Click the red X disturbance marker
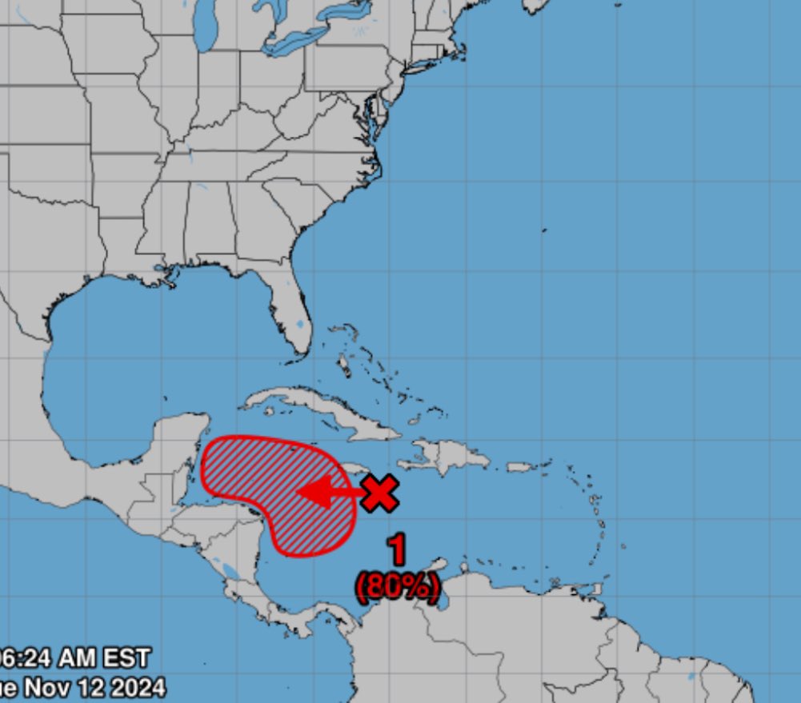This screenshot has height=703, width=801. (x=379, y=493)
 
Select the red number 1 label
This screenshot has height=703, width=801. (x=396, y=551)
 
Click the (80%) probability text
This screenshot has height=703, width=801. (x=398, y=587)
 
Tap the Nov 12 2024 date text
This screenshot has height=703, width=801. (x=84, y=687)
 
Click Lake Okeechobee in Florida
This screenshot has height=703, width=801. (x=299, y=324)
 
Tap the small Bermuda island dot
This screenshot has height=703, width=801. (x=543, y=230)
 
